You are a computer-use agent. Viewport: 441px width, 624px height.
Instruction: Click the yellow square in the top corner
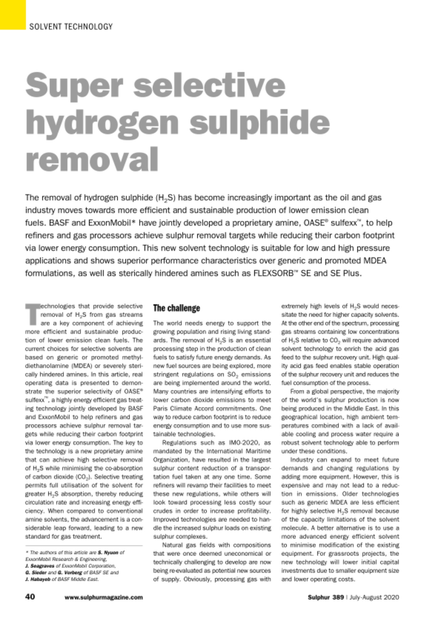(12, 14)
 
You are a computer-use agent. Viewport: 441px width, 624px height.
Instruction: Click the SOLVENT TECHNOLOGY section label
(71, 27)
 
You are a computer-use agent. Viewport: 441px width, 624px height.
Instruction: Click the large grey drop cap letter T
(32, 314)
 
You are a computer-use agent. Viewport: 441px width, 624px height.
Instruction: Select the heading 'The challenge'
(176, 308)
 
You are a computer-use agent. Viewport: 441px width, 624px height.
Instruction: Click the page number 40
(30, 597)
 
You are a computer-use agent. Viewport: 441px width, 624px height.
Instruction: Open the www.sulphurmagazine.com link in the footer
(104, 597)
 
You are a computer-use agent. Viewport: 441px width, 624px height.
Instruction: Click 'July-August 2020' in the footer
(374, 597)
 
